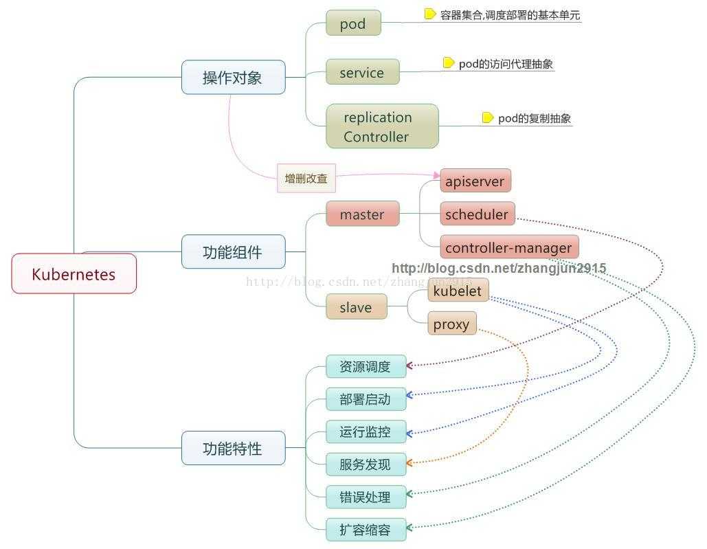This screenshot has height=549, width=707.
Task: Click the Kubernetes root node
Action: tap(74, 273)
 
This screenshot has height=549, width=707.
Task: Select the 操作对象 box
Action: tap(233, 77)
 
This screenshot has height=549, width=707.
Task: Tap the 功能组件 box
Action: tap(233, 251)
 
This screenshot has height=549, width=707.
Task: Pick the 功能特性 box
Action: tap(233, 448)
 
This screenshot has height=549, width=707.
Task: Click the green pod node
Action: tap(352, 23)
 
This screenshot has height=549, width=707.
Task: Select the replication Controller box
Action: tap(381, 126)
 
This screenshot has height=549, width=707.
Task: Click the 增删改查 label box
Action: tap(306, 179)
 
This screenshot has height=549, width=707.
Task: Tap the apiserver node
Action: tap(475, 181)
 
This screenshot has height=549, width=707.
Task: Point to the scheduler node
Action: tap(477, 214)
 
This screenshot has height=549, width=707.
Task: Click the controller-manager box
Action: tap(508, 247)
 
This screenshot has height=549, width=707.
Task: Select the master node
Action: tap(362, 214)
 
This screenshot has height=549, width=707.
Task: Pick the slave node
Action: tap(356, 307)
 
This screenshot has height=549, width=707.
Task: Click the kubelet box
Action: tap(458, 291)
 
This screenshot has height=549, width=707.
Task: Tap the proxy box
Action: tap(451, 323)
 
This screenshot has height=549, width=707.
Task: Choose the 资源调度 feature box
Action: tap(366, 366)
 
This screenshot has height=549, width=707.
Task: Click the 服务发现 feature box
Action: tap(366, 464)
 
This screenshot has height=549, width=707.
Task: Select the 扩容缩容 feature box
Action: tap(366, 530)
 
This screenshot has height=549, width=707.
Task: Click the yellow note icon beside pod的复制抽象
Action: tap(487, 117)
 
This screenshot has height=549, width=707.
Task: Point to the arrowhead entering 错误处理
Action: tap(410, 494)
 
